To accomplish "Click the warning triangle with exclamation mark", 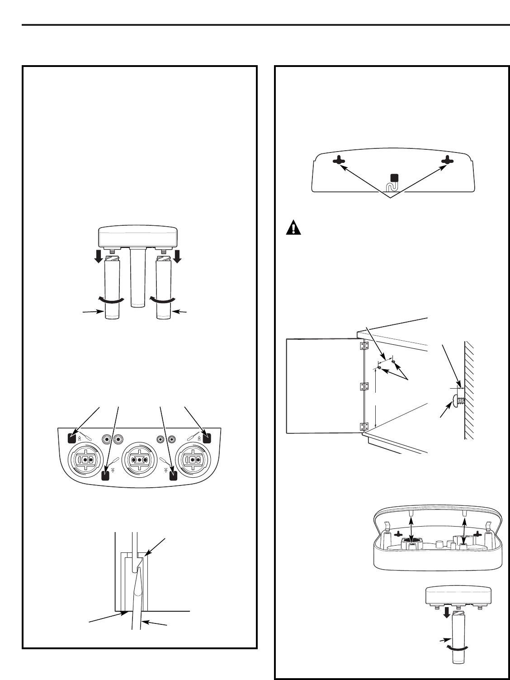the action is pyautogui.click(x=293, y=227).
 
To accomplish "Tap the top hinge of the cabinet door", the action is pyautogui.click(x=361, y=346).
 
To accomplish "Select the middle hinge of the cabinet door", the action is pyautogui.click(x=361, y=386).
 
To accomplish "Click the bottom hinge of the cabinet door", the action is pyautogui.click(x=361, y=426).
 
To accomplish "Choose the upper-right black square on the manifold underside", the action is pyautogui.click(x=207, y=438).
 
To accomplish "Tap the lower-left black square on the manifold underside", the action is pyautogui.click(x=106, y=475).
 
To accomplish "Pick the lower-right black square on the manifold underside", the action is pyautogui.click(x=172, y=475).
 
